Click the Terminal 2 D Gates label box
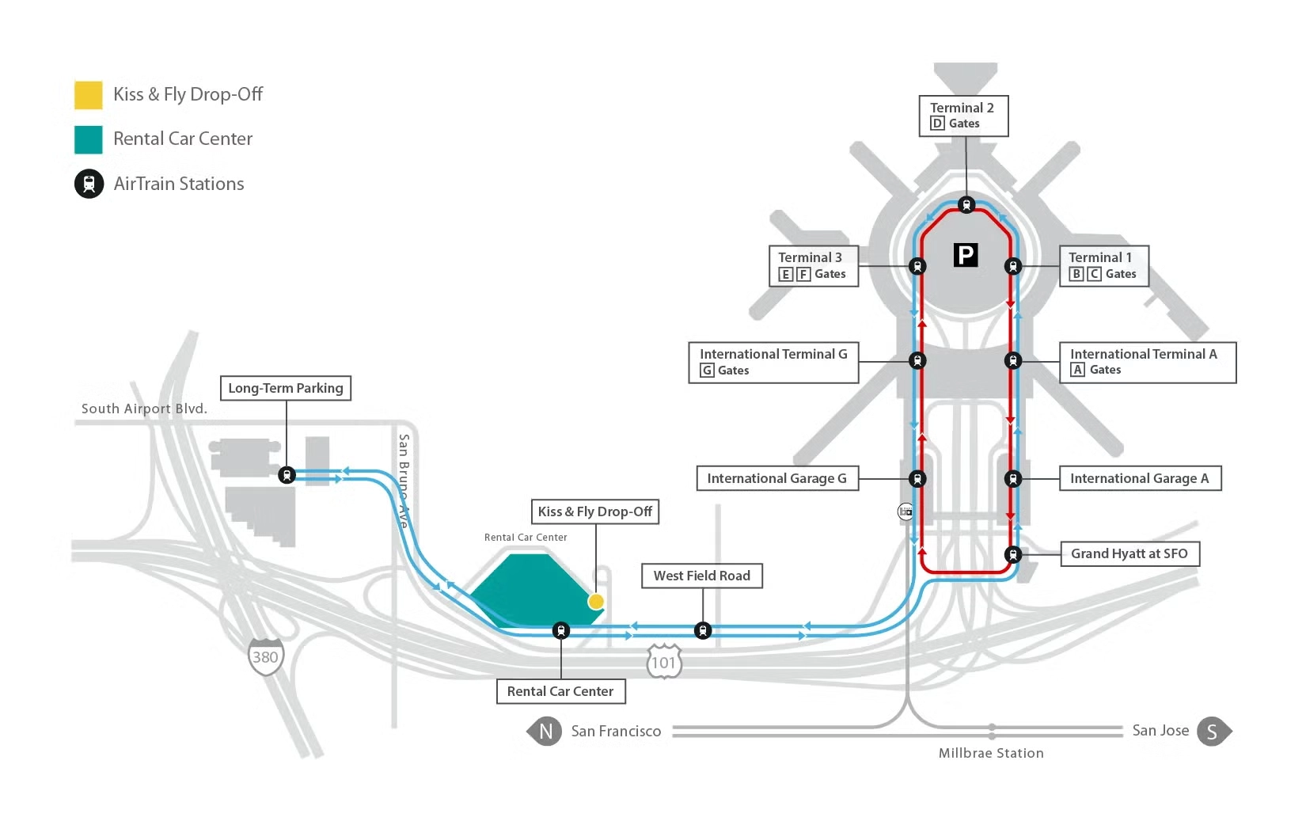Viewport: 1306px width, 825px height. (962, 116)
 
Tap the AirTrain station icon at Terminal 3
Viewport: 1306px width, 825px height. (917, 266)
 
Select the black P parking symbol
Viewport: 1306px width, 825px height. (965, 255)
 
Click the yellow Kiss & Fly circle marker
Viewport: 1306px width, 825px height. (596, 602)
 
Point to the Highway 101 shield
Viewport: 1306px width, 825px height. (663, 662)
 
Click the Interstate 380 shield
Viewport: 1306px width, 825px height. (265, 656)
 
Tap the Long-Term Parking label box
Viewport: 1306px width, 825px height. (286, 388)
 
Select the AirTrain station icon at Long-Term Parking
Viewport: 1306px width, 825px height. (287, 475)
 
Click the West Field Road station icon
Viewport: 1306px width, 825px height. (702, 630)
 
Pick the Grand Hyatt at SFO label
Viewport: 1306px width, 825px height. (1129, 553)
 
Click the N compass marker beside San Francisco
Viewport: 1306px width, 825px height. (545, 732)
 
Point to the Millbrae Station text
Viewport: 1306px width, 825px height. (991, 753)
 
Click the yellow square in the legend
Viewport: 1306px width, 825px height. (88, 95)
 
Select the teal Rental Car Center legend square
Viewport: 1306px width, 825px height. (88, 139)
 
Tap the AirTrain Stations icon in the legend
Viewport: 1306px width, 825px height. (89, 184)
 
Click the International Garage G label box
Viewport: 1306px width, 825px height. (776, 478)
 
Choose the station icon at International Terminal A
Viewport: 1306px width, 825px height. (1012, 361)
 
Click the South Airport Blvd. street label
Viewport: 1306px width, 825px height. (144, 409)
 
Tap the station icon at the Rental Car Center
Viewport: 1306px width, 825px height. (560, 631)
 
